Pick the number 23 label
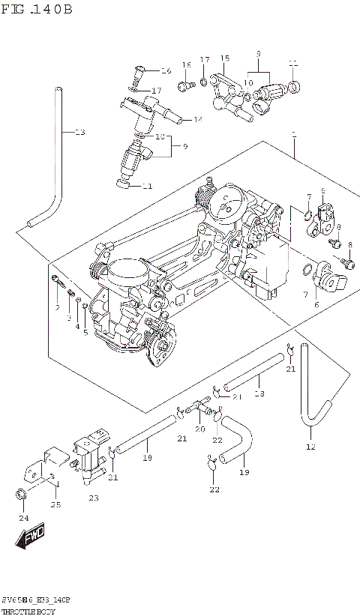point(93,498)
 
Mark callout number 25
point(54,504)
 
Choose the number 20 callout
point(199,429)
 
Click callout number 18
point(259,393)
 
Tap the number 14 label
point(198,120)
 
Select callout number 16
point(166,70)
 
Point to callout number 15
point(224,58)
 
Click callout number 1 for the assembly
point(294,136)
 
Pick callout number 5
point(85,332)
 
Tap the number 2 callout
point(56,307)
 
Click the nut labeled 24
point(20,495)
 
